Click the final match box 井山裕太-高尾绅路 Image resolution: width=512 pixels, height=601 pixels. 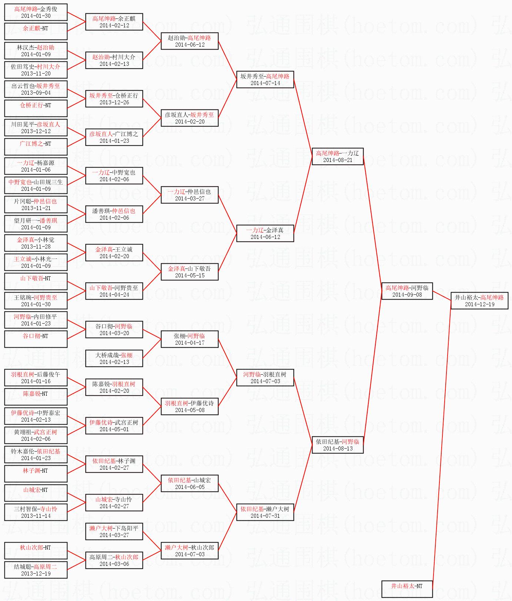pyautogui.click(x=479, y=301)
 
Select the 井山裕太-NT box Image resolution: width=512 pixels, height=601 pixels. pyautogui.click(x=407, y=589)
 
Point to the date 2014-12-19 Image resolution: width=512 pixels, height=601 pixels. pyautogui.click(x=479, y=304)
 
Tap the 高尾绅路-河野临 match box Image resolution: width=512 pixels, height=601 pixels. pyautogui.click(x=407, y=291)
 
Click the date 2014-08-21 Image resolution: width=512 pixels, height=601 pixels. pyautogui.click(x=338, y=160)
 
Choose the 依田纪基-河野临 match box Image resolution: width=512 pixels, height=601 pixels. pyautogui.click(x=338, y=445)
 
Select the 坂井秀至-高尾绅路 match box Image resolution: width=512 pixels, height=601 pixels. pyautogui.click(x=265, y=80)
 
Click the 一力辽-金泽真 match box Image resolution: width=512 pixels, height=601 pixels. pyautogui.click(x=265, y=233)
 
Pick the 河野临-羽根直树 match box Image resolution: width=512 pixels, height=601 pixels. pyautogui.click(x=265, y=378)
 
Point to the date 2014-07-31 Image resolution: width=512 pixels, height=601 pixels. pyautogui.click(x=265, y=516)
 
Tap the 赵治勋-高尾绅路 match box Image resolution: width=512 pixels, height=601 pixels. pyautogui.click(x=190, y=41)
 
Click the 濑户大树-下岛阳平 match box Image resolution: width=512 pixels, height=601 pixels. pyautogui.click(x=114, y=531)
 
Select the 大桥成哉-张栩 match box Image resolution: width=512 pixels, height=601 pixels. pyautogui.click(x=114, y=358)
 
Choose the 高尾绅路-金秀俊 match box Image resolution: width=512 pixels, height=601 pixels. pyautogui.click(x=36, y=12)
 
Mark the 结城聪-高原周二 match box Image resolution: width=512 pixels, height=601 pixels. pyautogui.click(x=36, y=570)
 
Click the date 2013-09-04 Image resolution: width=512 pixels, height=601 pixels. pyautogui.click(x=36, y=93)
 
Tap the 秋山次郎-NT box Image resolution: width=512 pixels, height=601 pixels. pyautogui.click(x=36, y=551)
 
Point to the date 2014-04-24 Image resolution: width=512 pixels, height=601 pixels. pyautogui.click(x=114, y=295)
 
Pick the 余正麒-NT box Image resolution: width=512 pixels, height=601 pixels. pyautogui.click(x=36, y=31)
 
